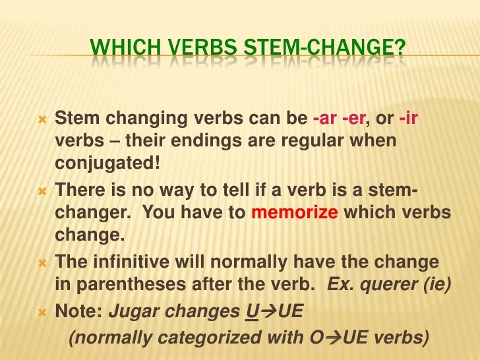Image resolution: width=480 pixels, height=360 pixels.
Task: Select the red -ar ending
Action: pyautogui.click(x=324, y=119)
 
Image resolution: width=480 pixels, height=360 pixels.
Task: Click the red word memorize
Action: pyautogui.click(x=294, y=214)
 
